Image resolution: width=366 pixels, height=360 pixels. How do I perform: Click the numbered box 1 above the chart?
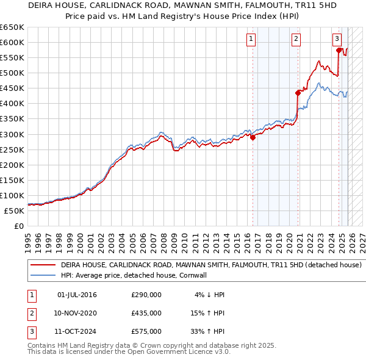tap(251, 39)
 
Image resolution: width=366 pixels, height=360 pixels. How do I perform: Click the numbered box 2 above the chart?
tap(296, 39)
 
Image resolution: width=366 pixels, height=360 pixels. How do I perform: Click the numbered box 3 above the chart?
tap(337, 39)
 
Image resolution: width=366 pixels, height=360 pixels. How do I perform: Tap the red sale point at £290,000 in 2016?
tap(253, 137)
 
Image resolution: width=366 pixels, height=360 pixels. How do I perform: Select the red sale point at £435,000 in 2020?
tap(298, 93)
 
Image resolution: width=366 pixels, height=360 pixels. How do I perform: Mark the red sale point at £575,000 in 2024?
tap(340, 50)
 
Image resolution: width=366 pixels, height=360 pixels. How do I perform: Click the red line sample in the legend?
tap(43, 265)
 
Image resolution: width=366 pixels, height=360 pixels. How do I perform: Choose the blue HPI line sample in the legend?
tap(43, 275)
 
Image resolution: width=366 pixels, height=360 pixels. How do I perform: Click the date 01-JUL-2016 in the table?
tap(76, 295)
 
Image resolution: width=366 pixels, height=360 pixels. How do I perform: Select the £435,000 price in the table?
tap(146, 313)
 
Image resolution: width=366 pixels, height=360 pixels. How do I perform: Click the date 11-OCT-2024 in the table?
tap(76, 331)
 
